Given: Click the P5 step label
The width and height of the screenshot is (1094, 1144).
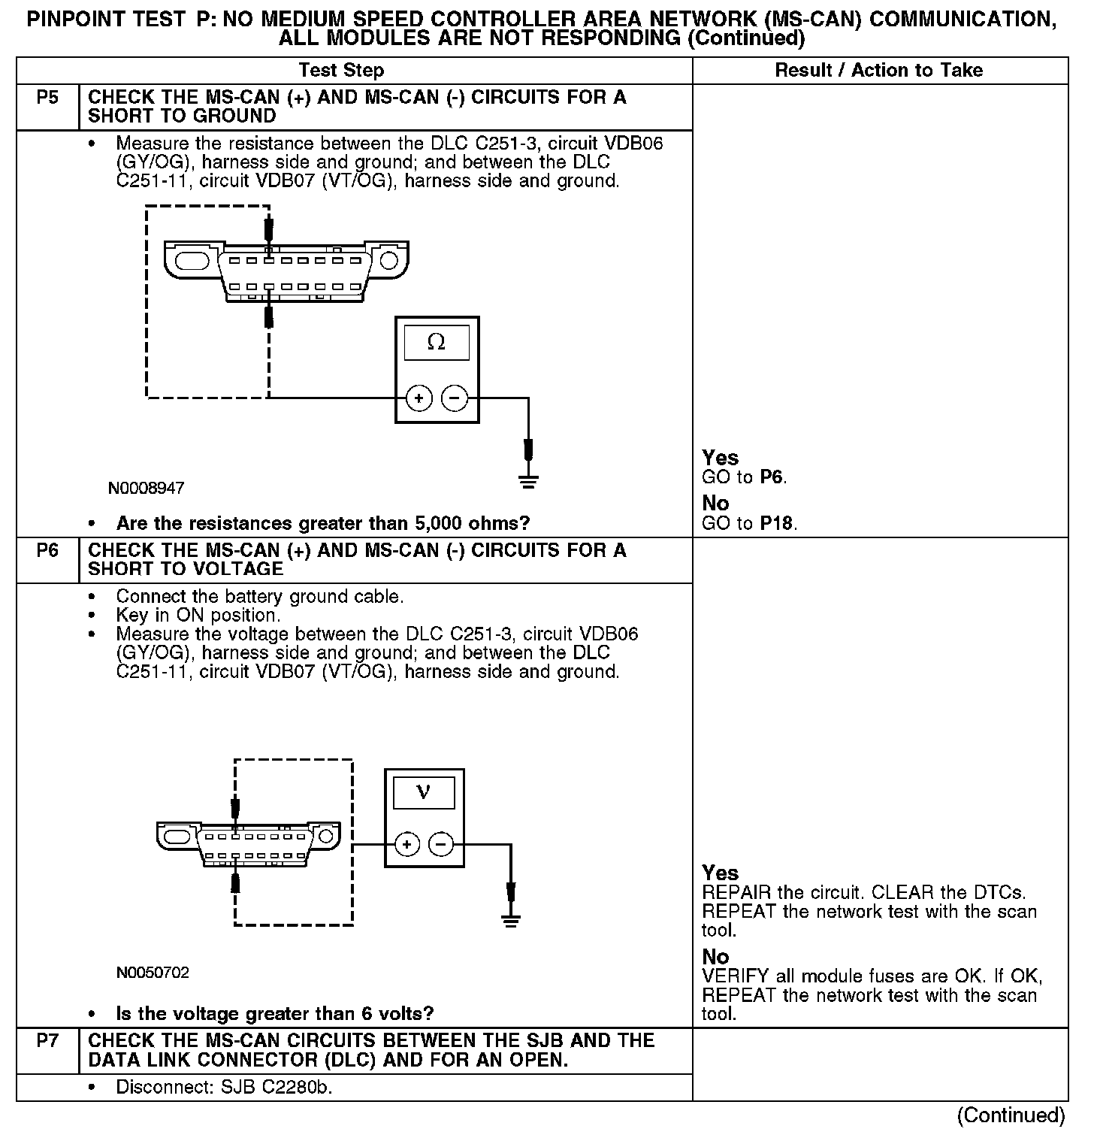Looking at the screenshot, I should click(x=47, y=98).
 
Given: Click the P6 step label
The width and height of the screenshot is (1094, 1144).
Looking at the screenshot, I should click(x=47, y=551).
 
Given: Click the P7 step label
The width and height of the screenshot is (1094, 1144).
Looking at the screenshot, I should click(x=47, y=1041).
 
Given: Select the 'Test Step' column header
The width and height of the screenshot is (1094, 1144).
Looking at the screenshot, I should click(x=341, y=71).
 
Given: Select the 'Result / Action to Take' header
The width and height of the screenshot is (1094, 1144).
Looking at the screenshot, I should click(x=878, y=71).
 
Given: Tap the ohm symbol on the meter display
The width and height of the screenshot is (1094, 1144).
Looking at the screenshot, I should click(x=436, y=343).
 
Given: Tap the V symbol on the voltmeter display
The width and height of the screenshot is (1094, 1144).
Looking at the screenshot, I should click(x=423, y=792).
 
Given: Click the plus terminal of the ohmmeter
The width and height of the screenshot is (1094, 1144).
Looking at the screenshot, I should click(x=419, y=398).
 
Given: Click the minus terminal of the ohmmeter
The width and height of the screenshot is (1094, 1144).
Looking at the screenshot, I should click(x=454, y=398).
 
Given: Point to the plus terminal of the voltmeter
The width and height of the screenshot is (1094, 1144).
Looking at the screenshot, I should click(x=406, y=845).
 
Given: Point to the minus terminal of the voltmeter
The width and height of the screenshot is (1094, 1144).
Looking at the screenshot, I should click(x=441, y=845).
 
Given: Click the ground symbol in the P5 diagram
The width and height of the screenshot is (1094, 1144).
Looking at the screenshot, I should click(x=529, y=482).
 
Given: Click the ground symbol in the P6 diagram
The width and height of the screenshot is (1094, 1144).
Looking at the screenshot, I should click(x=511, y=921).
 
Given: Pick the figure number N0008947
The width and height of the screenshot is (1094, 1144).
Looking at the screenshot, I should click(x=146, y=489).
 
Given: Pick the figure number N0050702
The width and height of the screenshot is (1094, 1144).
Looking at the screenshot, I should click(x=153, y=973).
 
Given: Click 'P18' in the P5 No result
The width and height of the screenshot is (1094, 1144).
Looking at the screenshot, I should click(x=776, y=523).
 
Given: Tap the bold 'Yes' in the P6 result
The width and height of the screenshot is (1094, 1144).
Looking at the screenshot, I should click(x=720, y=873).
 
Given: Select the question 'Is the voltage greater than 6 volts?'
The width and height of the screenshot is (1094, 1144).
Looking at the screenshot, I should click(x=275, y=1014).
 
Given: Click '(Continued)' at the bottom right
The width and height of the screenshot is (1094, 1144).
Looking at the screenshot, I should click(x=1011, y=1115).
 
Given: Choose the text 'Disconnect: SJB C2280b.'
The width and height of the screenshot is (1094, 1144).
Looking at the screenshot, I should click(x=224, y=1088).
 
